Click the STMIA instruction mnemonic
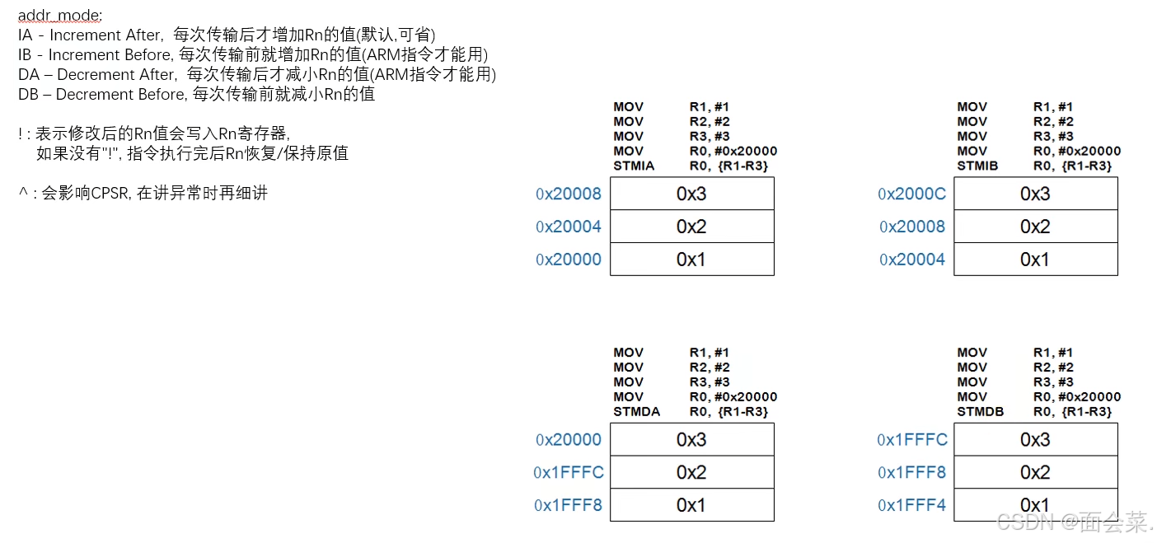tap(634, 166)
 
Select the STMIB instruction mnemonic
tap(977, 166)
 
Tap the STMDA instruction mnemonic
tap(636, 411)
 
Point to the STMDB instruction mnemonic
tap(981, 411)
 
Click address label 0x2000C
tap(912, 194)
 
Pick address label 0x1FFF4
tap(911, 505)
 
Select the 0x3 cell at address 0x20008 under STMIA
tap(691, 194)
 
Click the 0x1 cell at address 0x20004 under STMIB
tap(1035, 259)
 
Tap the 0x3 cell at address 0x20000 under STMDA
tap(691, 439)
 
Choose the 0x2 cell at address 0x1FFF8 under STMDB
tap(1035, 472)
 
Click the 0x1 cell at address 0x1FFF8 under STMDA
tap(691, 505)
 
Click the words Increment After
tap(106, 35)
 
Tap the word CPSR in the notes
tap(110, 194)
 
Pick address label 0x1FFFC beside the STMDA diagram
tap(569, 472)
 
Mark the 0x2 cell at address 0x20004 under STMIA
tap(691, 227)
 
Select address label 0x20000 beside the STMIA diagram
tap(569, 260)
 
